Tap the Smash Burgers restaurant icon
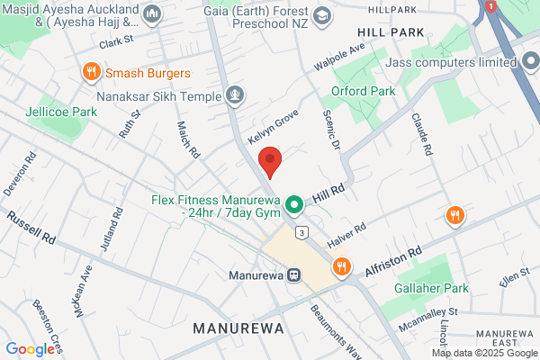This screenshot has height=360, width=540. point(90,71)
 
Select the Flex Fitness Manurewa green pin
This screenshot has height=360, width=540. point(293,206)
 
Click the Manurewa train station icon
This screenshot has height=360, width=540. point(293,274)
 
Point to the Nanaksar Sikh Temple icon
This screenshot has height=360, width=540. point(235,93)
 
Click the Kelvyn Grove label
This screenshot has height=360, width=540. point(273,130)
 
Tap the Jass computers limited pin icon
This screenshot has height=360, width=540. point(531,63)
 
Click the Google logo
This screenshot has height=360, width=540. point(30,349)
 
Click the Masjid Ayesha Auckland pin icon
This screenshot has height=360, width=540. point(151,13)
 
